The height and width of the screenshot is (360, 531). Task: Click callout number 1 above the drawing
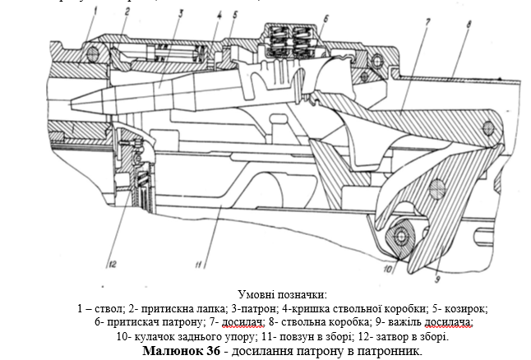pyautogui.click(x=95, y=12)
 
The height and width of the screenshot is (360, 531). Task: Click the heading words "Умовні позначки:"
pyautogui.click(x=283, y=294)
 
